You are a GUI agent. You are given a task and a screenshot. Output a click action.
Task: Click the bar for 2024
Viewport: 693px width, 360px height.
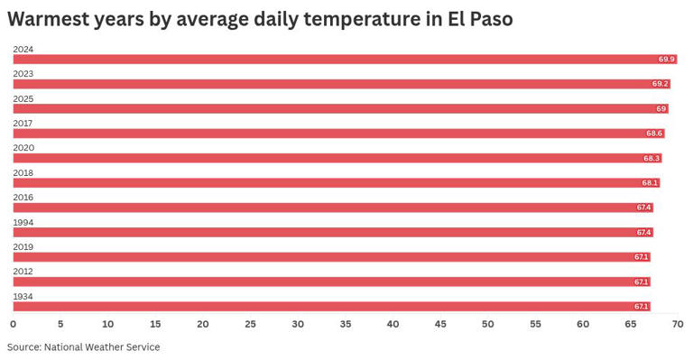click(x=343, y=60)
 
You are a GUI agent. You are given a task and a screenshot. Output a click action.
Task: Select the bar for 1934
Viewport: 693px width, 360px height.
click(x=330, y=306)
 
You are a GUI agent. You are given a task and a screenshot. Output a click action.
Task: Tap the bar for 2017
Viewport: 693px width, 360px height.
click(x=337, y=134)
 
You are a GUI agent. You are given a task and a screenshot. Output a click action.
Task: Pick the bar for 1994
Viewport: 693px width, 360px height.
click(x=332, y=232)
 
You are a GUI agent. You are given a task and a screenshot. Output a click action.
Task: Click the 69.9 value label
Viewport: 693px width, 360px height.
click(x=667, y=60)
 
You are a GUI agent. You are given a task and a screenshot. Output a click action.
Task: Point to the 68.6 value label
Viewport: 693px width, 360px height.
click(x=654, y=134)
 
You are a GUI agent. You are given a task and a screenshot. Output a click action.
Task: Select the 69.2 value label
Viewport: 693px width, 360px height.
click(x=660, y=84)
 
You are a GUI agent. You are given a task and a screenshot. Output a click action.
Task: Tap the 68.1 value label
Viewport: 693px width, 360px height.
click(x=650, y=183)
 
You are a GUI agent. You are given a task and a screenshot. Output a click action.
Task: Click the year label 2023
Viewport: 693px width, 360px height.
click(x=23, y=73)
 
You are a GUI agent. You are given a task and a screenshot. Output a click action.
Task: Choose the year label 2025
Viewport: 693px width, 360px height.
click(x=23, y=97)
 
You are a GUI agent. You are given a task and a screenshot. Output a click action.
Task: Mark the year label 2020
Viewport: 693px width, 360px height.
click(x=23, y=147)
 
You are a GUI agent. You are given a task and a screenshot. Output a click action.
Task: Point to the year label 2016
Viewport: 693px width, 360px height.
click(x=23, y=197)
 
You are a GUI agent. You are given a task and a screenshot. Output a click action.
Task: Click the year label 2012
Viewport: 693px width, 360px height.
click(x=23, y=271)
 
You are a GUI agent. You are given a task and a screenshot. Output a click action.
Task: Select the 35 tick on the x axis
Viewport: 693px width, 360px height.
click(x=346, y=324)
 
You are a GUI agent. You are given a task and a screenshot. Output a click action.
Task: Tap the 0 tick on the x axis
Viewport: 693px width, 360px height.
click(x=13, y=324)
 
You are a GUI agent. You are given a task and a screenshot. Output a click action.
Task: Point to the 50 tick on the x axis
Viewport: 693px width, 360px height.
click(x=488, y=324)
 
